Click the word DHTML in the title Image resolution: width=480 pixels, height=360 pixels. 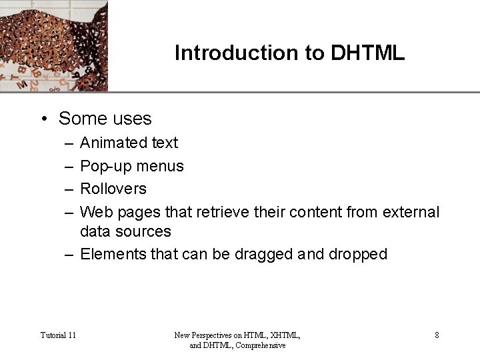367,53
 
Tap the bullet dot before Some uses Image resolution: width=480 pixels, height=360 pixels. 43,119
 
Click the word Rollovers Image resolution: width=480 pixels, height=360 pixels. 113,189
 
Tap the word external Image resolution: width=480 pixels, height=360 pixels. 411,212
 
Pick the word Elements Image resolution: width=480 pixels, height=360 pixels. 111,254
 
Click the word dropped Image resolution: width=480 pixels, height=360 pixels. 358,254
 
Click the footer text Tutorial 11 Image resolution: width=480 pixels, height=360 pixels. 58,335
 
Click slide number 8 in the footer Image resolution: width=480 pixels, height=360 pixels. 437,335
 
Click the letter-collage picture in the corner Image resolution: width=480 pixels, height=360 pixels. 53,45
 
